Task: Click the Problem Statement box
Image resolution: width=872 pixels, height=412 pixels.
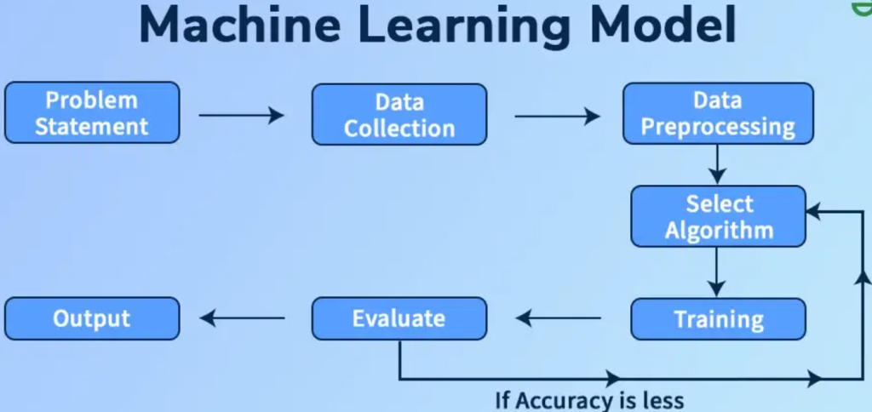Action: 92,112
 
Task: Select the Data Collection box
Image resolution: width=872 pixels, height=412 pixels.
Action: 399,114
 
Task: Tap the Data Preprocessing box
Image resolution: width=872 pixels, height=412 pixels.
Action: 718,113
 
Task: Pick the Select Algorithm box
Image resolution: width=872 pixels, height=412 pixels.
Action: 718,216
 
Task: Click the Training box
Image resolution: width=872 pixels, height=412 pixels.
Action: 718,319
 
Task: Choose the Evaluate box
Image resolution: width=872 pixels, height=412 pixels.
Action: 399,318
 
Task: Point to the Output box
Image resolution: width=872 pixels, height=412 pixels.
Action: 92,318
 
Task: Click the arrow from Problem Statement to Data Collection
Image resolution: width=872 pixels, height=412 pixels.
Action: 241,115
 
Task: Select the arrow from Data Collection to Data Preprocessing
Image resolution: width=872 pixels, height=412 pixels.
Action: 557,115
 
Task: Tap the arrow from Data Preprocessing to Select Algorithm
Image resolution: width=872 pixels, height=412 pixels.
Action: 717,163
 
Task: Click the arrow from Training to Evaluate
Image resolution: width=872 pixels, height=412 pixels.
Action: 559,319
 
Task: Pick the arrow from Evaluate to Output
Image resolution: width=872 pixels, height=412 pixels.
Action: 243,318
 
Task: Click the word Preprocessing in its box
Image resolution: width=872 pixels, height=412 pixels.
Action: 718,128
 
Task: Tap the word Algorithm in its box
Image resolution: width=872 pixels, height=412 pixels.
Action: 719,230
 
